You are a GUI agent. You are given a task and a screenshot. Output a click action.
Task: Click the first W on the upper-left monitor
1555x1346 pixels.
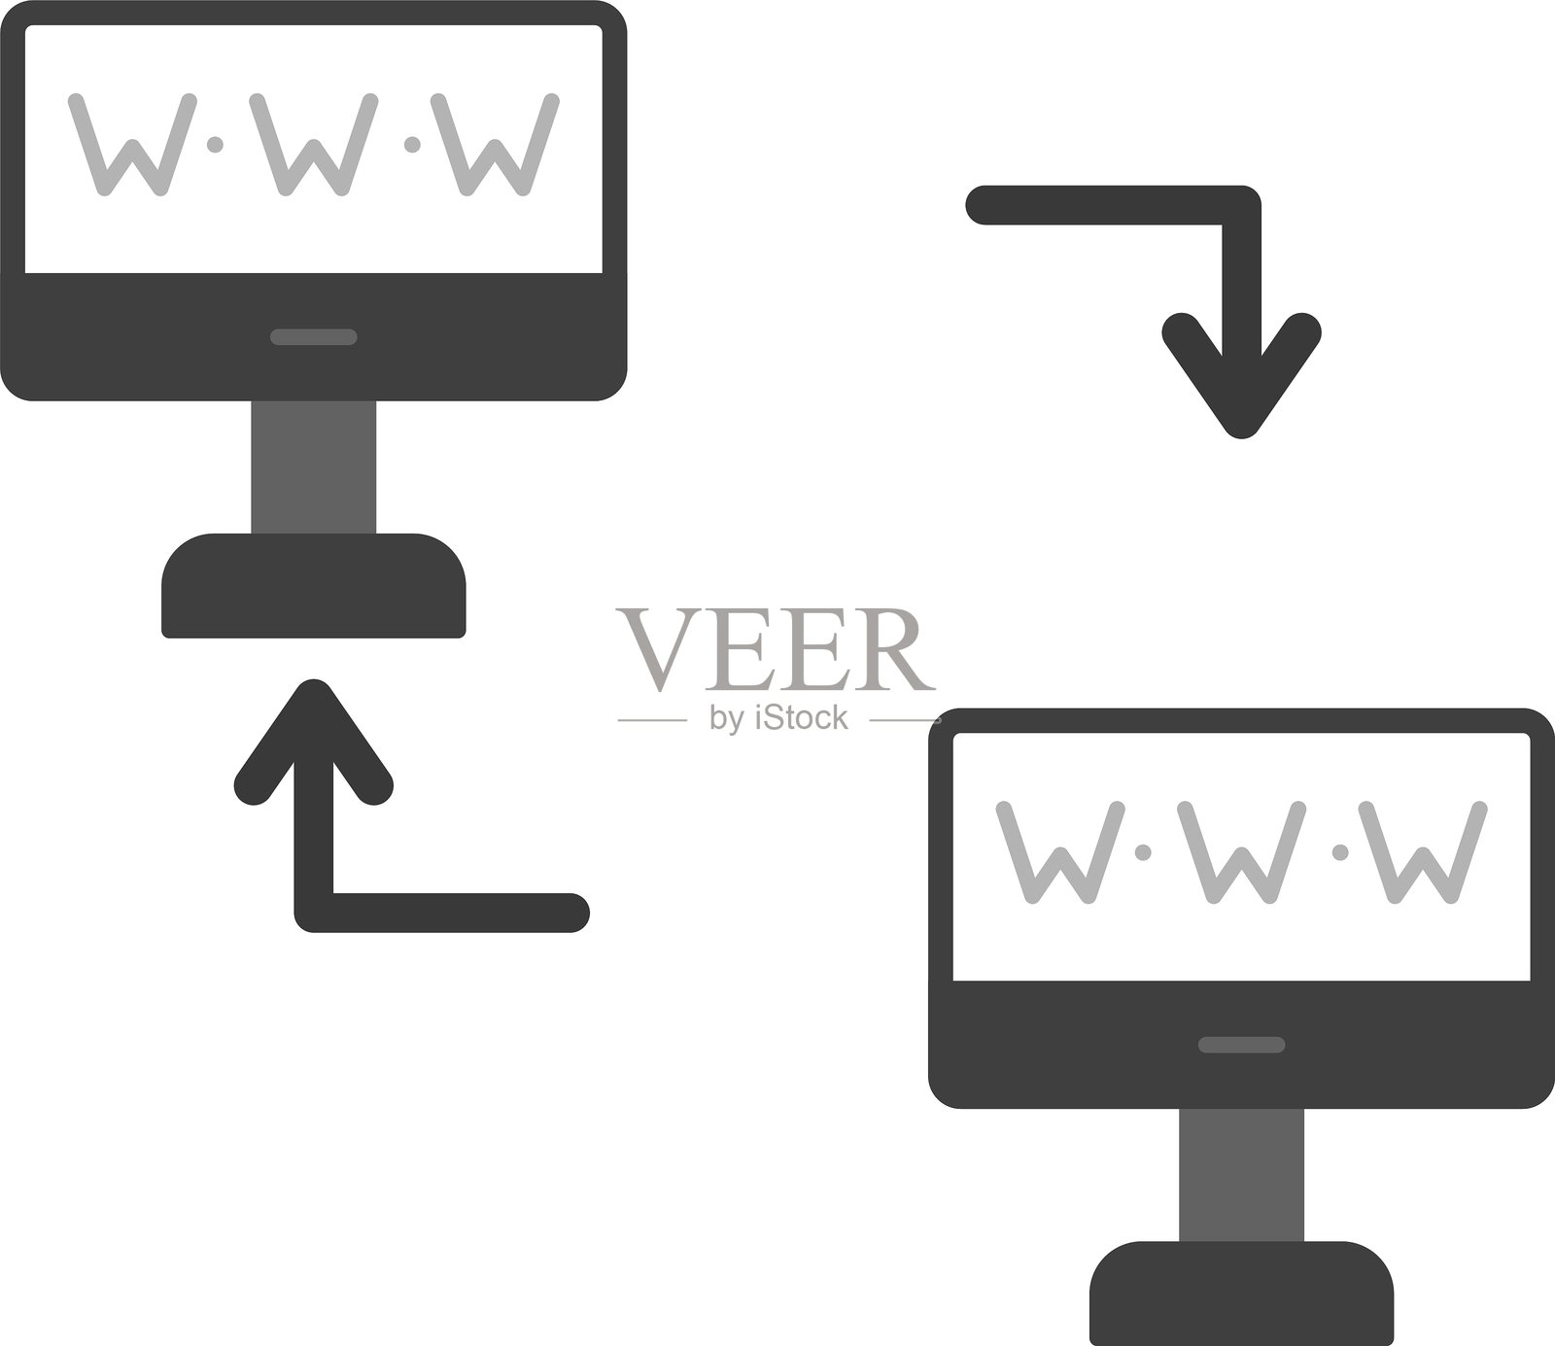tap(129, 146)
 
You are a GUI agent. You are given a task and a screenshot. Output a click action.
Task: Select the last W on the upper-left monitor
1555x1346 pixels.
tap(496, 146)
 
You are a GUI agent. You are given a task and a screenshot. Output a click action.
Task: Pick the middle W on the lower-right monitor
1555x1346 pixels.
tap(1241, 853)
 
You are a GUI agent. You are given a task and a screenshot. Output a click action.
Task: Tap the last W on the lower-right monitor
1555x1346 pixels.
tap(1423, 853)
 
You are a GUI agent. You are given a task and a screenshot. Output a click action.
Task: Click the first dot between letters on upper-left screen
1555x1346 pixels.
tap(216, 145)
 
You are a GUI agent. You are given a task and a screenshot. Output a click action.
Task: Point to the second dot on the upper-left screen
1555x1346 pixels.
tap(412, 145)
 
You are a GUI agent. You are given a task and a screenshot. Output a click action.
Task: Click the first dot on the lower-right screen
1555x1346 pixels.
tap(1144, 852)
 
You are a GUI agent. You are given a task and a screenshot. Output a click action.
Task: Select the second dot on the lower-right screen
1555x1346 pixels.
tap(1340, 852)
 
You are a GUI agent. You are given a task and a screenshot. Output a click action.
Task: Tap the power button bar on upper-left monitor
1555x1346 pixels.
tap(313, 337)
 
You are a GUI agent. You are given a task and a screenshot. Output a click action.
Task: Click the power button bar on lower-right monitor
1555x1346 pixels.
tap(1241, 1045)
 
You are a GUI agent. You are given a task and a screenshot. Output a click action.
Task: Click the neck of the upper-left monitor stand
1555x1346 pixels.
tap(313, 466)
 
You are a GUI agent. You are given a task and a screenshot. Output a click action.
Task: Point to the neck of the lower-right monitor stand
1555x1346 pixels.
tap(1241, 1174)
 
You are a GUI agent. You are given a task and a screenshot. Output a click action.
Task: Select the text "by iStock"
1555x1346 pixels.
tap(778, 718)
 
